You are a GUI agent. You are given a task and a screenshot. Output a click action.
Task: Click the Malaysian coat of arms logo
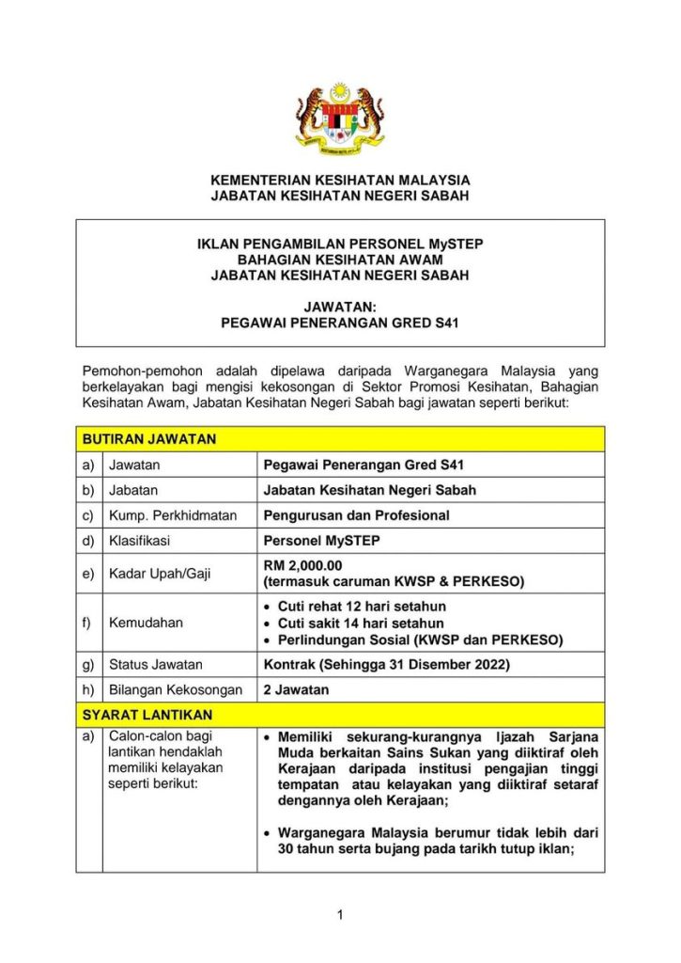pos(340,120)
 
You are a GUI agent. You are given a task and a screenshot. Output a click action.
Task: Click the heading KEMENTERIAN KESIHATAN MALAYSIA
pos(340,180)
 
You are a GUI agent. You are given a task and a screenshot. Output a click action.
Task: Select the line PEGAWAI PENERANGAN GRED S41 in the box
pos(340,322)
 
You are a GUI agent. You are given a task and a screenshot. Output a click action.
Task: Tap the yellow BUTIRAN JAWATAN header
pos(150,439)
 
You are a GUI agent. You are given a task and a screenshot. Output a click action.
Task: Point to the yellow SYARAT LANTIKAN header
pos(147,715)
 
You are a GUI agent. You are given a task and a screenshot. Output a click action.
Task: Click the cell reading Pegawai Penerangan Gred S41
pos(364,465)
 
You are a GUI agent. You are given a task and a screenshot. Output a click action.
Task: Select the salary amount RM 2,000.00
pos(303,565)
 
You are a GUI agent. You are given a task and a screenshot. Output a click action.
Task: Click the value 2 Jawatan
pos(296,689)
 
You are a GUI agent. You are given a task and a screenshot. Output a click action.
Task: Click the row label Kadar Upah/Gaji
pos(160,573)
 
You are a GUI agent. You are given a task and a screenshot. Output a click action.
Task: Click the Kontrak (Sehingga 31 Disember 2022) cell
pos(387,665)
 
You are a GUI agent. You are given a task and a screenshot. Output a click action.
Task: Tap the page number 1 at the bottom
pos(340,914)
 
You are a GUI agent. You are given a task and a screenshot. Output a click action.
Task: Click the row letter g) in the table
pos(88,665)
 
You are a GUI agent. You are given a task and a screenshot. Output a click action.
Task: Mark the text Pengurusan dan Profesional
pos(357,515)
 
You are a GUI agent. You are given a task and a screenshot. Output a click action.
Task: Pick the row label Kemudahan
pos(147,623)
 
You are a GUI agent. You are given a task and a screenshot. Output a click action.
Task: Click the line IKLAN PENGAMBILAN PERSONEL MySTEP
pos(340,244)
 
